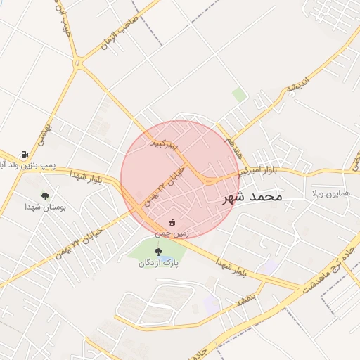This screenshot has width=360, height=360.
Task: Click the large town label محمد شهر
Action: point(252,197)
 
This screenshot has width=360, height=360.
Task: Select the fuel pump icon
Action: point(25,154)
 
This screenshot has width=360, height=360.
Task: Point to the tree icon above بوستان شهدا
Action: point(45,196)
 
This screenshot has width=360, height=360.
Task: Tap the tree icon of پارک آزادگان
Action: point(157,252)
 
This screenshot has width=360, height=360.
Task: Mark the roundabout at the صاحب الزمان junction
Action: point(79,63)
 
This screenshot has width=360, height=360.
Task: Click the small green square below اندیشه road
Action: point(240,94)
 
